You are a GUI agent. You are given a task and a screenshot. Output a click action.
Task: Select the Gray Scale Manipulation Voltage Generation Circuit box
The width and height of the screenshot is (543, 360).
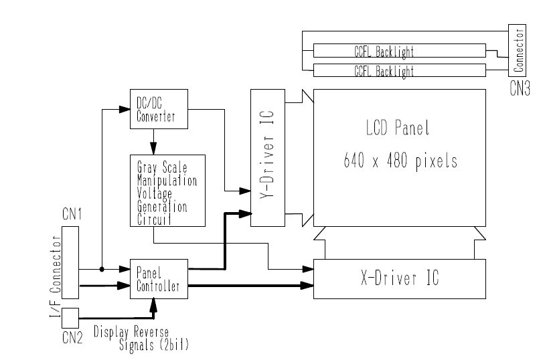[167, 190]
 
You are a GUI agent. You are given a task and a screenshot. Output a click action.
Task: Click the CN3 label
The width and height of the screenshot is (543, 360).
[519, 89]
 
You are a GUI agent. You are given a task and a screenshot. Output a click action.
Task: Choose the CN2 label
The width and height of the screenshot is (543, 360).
[72, 339]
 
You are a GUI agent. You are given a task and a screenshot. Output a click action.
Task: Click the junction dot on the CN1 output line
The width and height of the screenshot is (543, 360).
[101, 270]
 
